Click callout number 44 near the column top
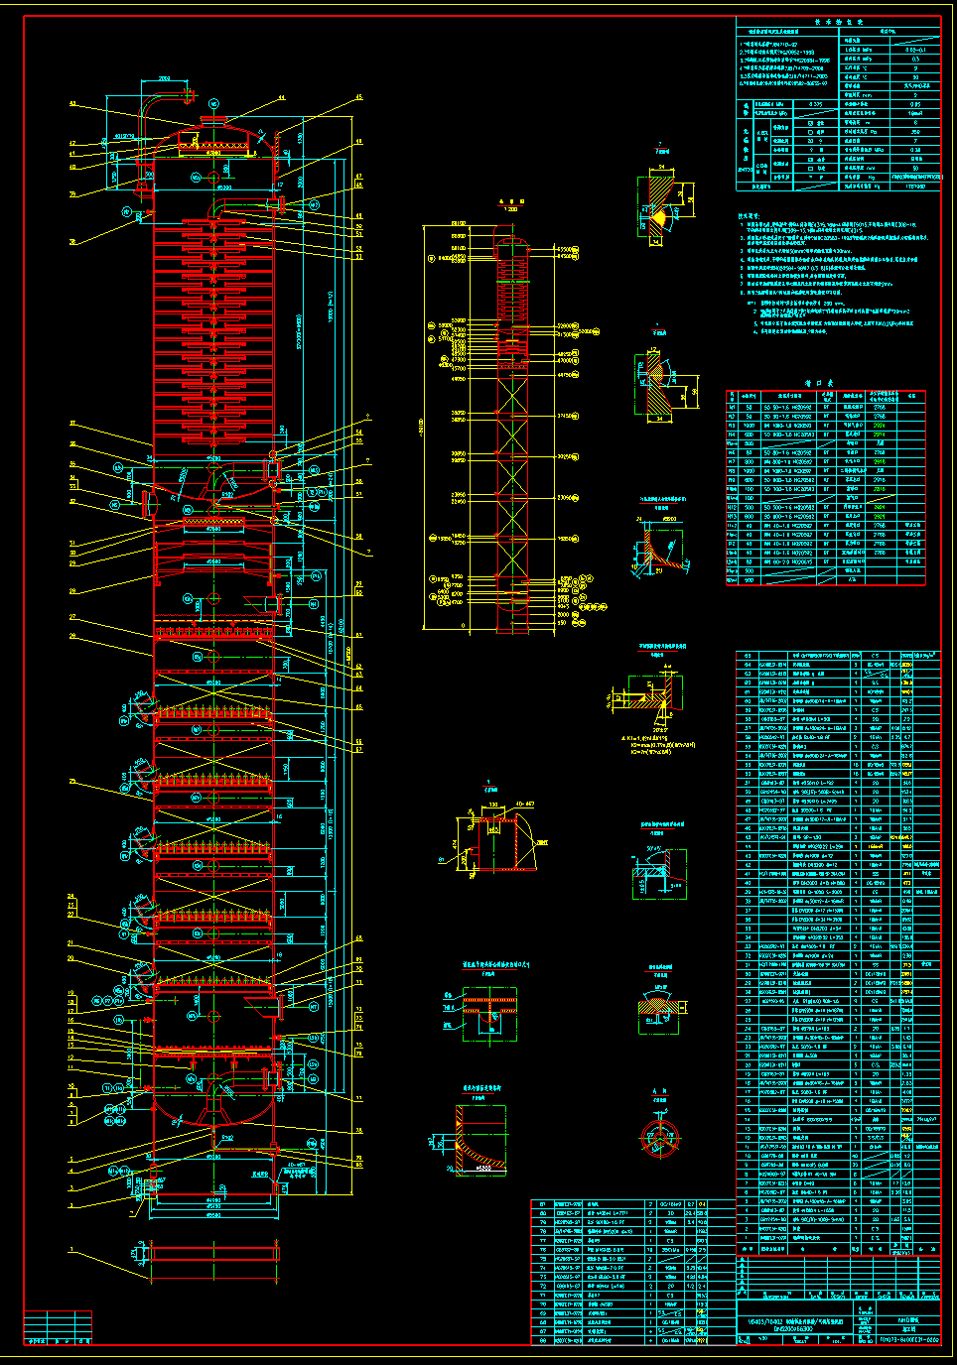click(x=281, y=98)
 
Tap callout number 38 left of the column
click(x=72, y=242)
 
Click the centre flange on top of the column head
click(x=213, y=120)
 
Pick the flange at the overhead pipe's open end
click(x=189, y=95)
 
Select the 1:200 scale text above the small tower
click(x=510, y=209)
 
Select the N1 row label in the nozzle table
click(x=733, y=407)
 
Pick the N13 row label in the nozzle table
click(x=733, y=517)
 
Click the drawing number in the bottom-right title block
click(x=908, y=1339)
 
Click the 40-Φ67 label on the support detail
click(x=523, y=805)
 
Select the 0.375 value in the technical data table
click(x=816, y=103)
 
